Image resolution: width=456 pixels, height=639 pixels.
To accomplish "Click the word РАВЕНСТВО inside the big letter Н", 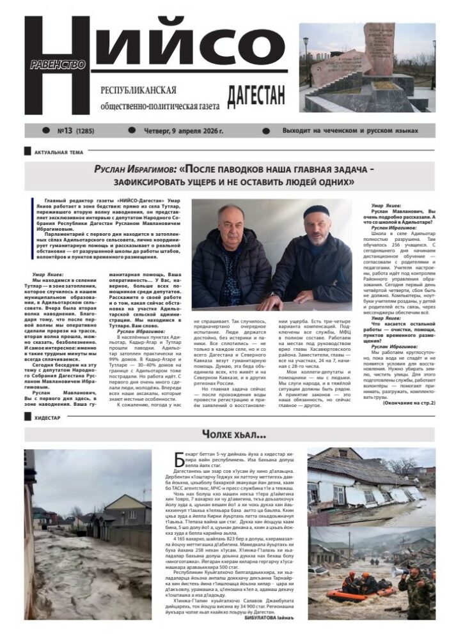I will [58, 65].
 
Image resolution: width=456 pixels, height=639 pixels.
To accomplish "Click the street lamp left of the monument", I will [306, 58].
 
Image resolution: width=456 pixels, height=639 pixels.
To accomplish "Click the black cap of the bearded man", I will [316, 212].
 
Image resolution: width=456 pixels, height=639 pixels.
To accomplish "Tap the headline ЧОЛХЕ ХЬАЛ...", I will [228, 435].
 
